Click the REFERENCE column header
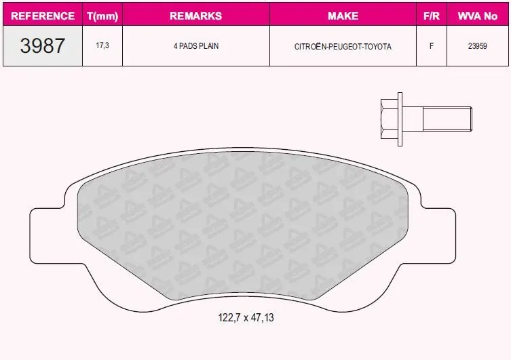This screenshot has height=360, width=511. pos(43,16)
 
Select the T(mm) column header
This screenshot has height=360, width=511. pos(102,16)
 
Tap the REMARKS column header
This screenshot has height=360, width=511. pos(196,16)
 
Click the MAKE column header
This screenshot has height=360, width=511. pos(343,16)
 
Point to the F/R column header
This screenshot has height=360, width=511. pos(432,16)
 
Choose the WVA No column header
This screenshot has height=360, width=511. pos(478,16)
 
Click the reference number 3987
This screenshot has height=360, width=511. pos(42,45)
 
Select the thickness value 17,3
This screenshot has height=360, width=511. pos(102,45)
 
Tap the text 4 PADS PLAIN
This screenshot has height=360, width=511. pos(196,46)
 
